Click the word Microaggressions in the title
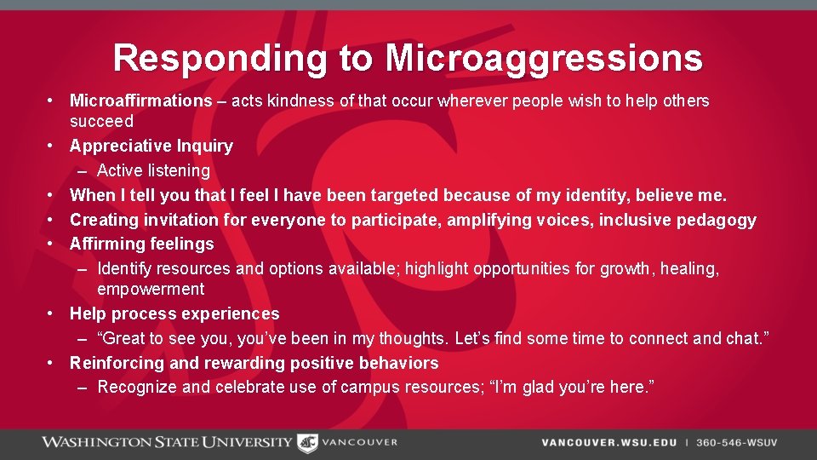point(544,59)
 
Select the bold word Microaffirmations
point(140,101)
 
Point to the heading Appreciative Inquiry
point(151,146)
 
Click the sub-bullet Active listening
point(153,170)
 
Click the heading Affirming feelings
point(141,244)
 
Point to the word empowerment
point(151,289)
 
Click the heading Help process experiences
point(174,313)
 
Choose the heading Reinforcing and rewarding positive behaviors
point(254,363)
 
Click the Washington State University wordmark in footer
point(167,442)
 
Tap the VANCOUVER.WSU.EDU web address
point(608,443)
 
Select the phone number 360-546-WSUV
point(736,443)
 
